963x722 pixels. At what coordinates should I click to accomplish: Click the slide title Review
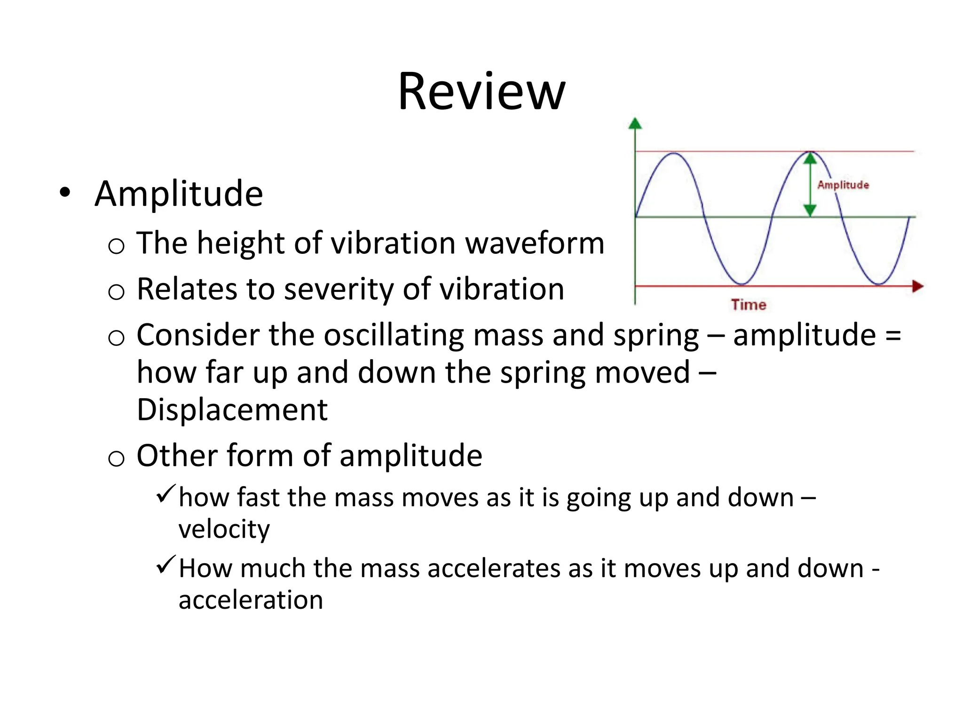coord(481,92)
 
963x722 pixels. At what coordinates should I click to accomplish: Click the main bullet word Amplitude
coord(179,194)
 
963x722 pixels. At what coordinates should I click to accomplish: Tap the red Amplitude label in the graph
coord(843,185)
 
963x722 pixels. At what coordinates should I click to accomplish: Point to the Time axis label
coord(748,305)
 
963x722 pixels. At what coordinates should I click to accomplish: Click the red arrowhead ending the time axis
coord(917,286)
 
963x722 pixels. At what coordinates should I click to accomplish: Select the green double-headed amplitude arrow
coord(810,184)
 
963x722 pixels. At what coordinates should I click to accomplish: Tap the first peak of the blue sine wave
coord(674,153)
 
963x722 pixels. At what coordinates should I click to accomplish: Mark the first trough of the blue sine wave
coord(742,284)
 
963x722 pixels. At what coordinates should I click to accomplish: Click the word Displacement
coord(232,409)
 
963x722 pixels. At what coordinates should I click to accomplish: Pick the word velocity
coord(224,529)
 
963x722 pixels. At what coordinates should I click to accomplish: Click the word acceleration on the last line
coord(251,600)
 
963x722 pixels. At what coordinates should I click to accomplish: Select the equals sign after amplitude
coord(892,336)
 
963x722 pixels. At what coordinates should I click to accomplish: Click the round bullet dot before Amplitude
coord(65,193)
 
